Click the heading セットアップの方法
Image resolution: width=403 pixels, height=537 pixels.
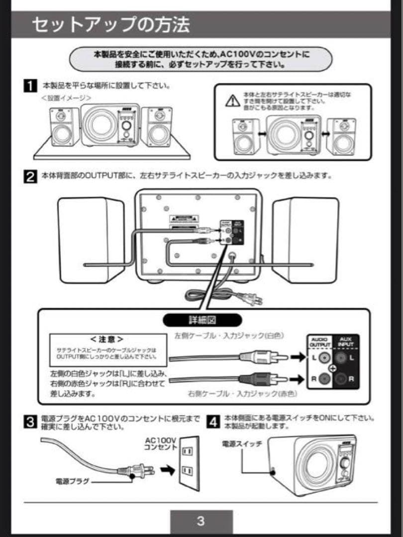click(x=110, y=25)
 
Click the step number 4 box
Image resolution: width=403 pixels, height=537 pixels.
click(x=213, y=422)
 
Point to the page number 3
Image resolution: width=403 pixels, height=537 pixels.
click(x=201, y=521)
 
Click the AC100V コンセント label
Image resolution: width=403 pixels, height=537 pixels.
click(x=161, y=444)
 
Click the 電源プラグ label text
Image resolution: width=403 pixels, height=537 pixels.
click(x=72, y=481)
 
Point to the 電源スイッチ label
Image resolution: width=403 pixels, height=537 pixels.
click(x=242, y=444)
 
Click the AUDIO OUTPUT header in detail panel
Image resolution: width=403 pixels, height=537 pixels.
click(x=320, y=343)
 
